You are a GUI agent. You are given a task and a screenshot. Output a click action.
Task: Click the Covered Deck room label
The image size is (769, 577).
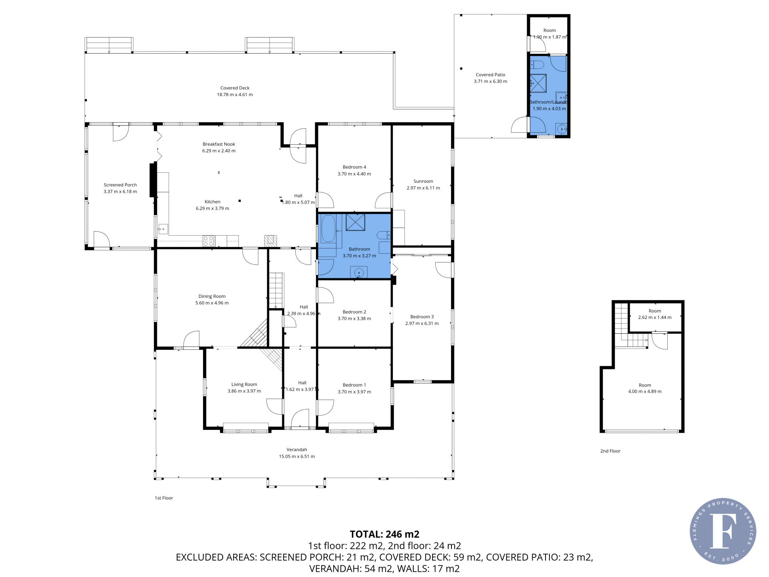pyautogui.click(x=235, y=88)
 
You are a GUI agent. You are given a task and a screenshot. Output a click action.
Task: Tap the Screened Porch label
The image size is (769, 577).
pyautogui.click(x=120, y=185)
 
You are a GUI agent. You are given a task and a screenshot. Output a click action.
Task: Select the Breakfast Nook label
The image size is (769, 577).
pyautogui.click(x=219, y=144)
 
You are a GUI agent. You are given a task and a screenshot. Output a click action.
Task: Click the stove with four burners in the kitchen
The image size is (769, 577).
pyautogui.click(x=209, y=241)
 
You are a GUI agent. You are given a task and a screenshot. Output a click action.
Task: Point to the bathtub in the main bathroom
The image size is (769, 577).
pyautogui.click(x=328, y=229)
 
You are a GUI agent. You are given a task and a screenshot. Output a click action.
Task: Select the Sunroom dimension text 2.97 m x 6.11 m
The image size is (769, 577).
pyautogui.click(x=423, y=188)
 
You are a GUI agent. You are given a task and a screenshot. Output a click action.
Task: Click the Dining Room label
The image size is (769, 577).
pyautogui.click(x=212, y=297)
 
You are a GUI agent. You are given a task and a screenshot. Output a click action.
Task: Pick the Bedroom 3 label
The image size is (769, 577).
pyautogui.click(x=422, y=317)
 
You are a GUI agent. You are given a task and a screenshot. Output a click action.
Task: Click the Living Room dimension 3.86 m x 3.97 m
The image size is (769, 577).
pyautogui.click(x=244, y=391)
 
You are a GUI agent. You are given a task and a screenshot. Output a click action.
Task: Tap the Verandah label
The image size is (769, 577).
pyautogui.click(x=297, y=450)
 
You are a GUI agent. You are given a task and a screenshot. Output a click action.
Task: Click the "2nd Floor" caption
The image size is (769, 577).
pyautogui.click(x=610, y=451)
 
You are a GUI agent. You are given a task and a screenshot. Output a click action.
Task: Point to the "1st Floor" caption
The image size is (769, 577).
pyautogui.click(x=164, y=498)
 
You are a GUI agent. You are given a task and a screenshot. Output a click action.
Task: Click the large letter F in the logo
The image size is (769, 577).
pyautogui.click(x=723, y=531)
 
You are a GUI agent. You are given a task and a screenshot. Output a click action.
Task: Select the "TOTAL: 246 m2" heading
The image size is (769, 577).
pyautogui.click(x=384, y=534)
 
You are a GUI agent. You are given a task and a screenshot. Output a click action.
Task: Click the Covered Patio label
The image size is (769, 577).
pyautogui.click(x=491, y=75)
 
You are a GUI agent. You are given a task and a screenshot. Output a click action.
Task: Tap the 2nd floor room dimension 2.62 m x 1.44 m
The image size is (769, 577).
pyautogui.click(x=655, y=317)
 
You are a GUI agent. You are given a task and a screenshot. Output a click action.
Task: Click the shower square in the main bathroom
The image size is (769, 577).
pyautogui.click(x=355, y=222)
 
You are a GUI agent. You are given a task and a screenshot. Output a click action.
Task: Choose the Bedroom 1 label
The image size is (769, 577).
pyautogui.click(x=354, y=385)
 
